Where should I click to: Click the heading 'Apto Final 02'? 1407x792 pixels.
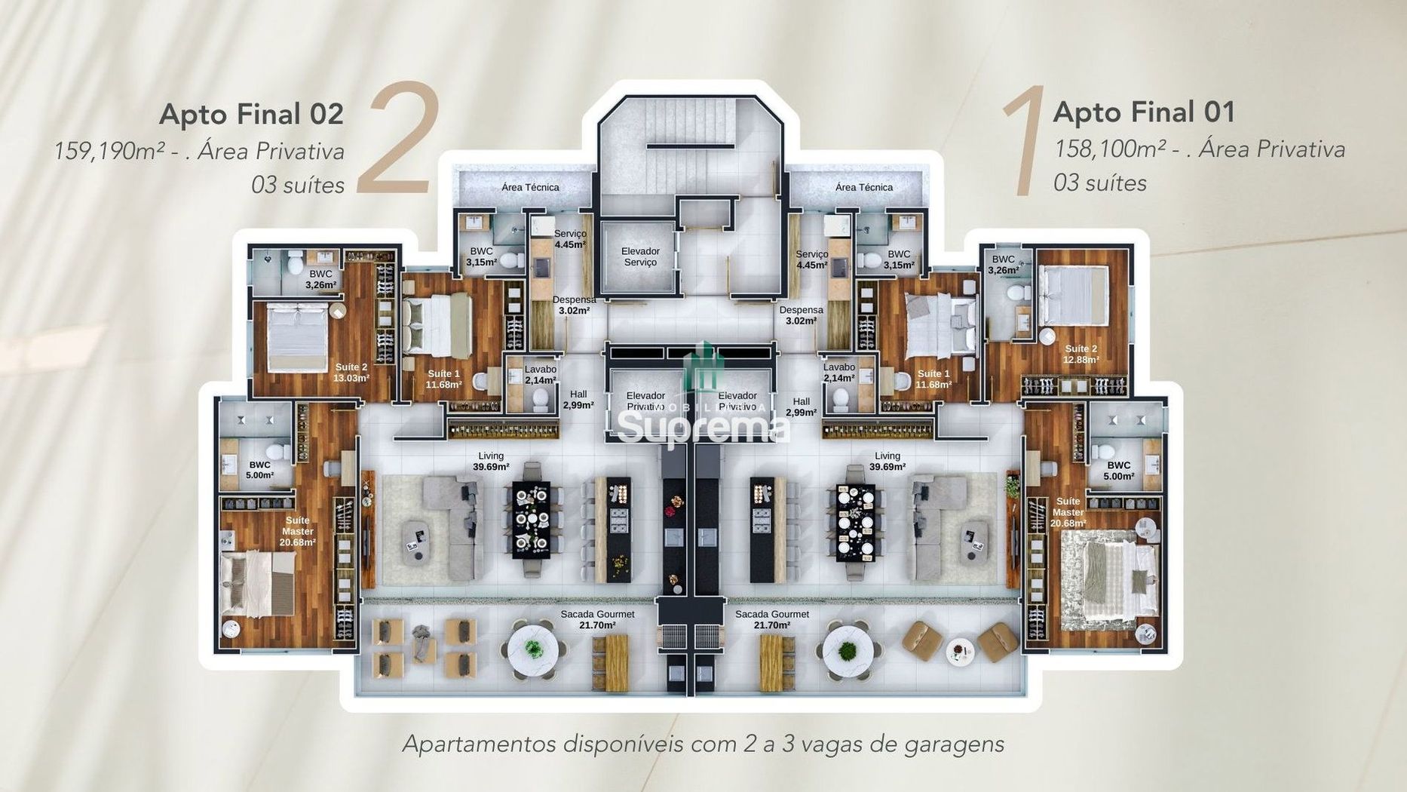pyautogui.click(x=251, y=114)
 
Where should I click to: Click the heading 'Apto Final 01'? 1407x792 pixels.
pyautogui.click(x=1144, y=112)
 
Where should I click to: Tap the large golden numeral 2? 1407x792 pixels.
pyautogui.click(x=397, y=140)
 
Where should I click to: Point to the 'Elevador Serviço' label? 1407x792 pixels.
pyautogui.click(x=639, y=256)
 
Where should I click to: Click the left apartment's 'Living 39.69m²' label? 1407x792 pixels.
pyautogui.click(x=490, y=462)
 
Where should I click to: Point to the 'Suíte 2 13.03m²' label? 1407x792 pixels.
pyautogui.click(x=351, y=373)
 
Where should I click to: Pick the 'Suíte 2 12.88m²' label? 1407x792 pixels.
pyautogui.click(x=1081, y=354)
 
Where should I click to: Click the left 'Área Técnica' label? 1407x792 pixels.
pyautogui.click(x=530, y=187)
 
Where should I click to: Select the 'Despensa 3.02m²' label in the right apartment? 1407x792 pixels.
pyautogui.click(x=801, y=315)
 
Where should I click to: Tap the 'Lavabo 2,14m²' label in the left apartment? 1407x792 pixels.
pyautogui.click(x=540, y=375)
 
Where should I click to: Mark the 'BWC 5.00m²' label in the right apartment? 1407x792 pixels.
pyautogui.click(x=1118, y=471)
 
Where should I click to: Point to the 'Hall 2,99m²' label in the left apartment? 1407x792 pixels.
pyautogui.click(x=578, y=400)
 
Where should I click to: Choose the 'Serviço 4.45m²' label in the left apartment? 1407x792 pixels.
pyautogui.click(x=569, y=239)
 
